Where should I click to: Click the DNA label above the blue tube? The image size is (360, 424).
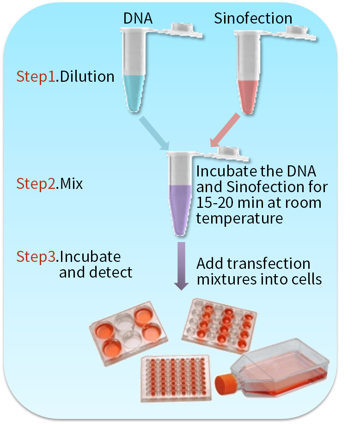coord(137,18)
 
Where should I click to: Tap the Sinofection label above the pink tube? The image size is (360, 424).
coord(253,18)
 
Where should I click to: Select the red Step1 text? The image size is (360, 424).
coord(36,76)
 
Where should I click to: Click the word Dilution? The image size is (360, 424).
coord(87,76)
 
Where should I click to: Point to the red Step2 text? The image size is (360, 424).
coord(36,184)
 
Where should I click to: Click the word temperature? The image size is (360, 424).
coord(239,218)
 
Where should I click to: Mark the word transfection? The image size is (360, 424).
coord(268,264)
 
